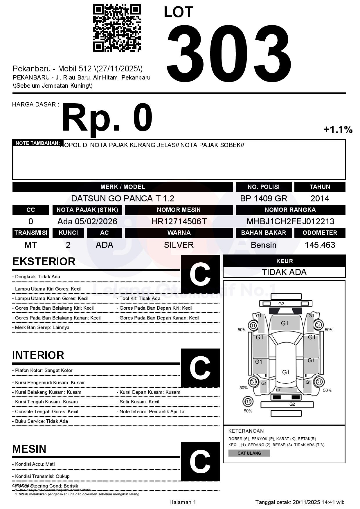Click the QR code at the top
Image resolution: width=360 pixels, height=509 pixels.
click(x=117, y=28)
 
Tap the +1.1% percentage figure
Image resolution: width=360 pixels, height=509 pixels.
click(x=338, y=129)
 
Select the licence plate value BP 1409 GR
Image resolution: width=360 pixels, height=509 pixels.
click(x=263, y=198)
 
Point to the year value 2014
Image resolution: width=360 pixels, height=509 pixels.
click(x=320, y=198)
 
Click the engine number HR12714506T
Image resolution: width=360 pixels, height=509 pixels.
click(x=179, y=221)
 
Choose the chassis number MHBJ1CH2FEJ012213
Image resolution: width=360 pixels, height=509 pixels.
click(x=290, y=221)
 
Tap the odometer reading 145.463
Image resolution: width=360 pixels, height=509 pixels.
click(x=320, y=245)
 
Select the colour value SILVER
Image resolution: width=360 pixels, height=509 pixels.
click(x=179, y=245)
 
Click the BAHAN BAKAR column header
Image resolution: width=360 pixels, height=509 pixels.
click(x=263, y=233)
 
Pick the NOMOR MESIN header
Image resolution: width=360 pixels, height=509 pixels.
click(x=179, y=210)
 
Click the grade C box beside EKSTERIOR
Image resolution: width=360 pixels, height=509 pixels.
click(x=200, y=274)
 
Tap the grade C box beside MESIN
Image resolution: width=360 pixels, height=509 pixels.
click(x=200, y=461)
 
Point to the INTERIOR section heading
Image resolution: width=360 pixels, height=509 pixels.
click(x=38, y=355)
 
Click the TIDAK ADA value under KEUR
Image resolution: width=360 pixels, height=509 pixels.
click(x=284, y=272)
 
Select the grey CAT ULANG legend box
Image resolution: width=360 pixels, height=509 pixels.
click(x=249, y=453)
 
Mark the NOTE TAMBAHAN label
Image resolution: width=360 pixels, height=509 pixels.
click(x=37, y=143)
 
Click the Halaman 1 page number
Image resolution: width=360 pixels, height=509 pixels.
click(x=182, y=502)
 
